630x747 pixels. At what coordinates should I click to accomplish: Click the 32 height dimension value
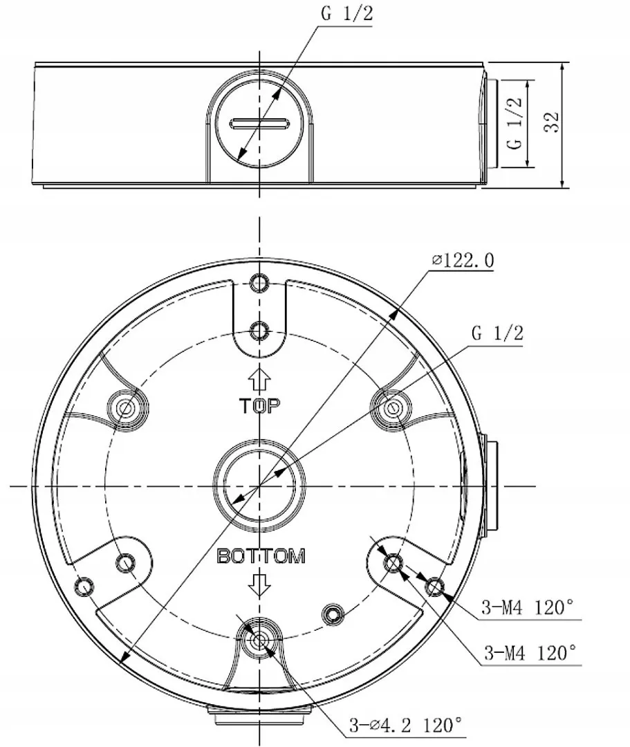552,123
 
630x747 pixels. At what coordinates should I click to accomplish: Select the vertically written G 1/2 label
514,124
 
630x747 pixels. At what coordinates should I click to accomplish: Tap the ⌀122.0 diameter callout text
463,260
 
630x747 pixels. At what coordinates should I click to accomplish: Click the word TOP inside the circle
260,406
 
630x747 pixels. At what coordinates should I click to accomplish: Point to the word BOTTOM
261,556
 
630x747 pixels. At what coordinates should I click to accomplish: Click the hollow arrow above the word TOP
260,380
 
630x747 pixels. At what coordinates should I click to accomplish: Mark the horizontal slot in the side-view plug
259,124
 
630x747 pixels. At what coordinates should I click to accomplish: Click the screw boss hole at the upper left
126,407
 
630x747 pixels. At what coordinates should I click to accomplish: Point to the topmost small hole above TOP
260,284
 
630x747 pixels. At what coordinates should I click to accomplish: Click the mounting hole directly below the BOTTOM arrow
260,640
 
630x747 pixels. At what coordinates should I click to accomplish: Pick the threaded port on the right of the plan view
490,486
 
